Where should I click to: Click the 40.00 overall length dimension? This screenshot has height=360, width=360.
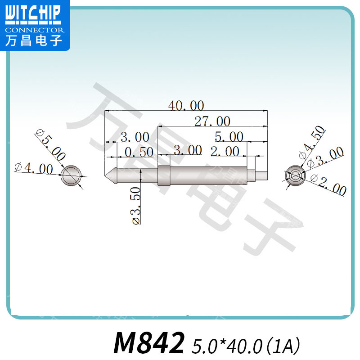point(186,105)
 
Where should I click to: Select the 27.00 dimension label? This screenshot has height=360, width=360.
point(212,121)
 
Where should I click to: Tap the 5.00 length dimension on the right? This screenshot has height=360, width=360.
point(229,137)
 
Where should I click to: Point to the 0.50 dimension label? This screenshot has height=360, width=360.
point(139,152)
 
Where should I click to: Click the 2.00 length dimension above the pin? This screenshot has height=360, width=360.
point(225,151)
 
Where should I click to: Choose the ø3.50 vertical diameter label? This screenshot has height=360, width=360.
point(136,206)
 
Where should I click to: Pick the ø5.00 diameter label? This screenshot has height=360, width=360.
point(51,144)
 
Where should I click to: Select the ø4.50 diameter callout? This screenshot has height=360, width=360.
point(312,142)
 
